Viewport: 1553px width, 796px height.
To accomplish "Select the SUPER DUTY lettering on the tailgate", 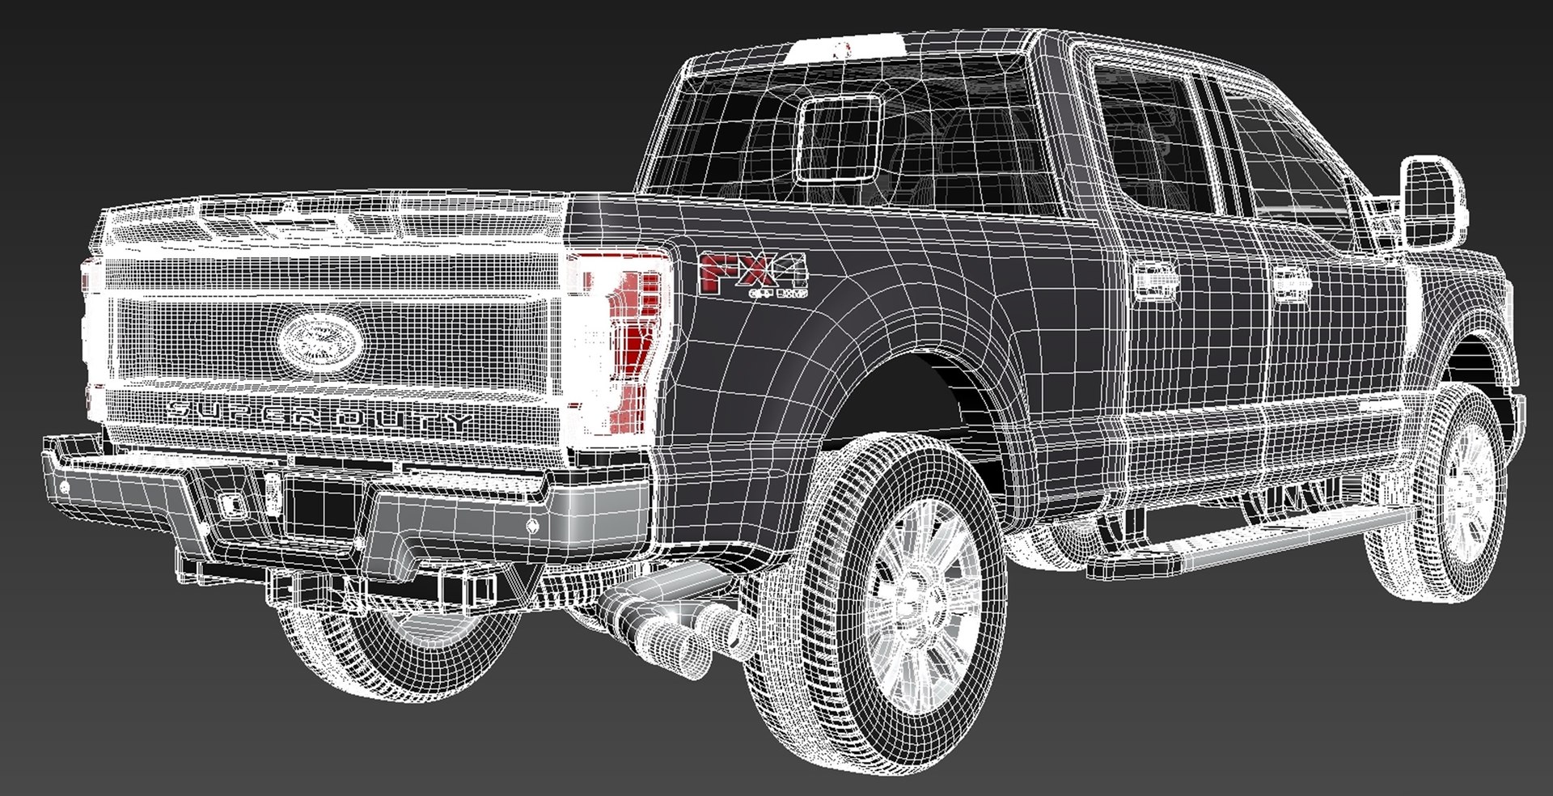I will (319, 415).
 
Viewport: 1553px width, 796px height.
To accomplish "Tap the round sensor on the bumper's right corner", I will (532, 526).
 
